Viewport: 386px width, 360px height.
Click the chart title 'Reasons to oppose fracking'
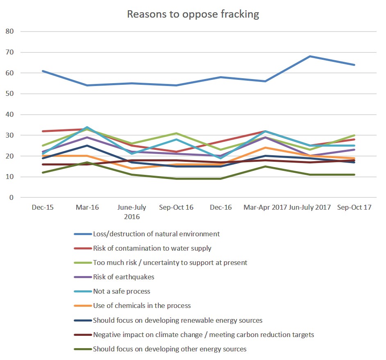193,14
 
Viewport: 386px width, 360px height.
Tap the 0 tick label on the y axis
11,198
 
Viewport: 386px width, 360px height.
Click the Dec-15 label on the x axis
43,208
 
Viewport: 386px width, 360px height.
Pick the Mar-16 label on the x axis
87,208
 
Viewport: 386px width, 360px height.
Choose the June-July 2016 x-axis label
132,212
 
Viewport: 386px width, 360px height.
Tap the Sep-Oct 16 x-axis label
176,208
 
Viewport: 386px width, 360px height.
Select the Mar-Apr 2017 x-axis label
265,208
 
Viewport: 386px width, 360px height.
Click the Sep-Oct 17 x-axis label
354,208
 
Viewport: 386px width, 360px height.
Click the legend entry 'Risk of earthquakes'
123,277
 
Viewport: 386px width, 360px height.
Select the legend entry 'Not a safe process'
121,292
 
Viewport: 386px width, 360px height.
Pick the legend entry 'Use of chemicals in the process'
142,306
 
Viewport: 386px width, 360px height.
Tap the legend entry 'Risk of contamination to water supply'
152,249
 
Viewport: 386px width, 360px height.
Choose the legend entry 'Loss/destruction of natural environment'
156,234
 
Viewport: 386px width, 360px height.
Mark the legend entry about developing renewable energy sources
177,320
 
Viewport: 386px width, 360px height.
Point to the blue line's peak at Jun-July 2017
310,56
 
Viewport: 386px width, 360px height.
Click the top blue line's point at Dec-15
43,71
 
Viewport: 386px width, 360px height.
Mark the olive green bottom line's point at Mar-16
87,163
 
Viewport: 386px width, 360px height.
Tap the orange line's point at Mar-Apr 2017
265,147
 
